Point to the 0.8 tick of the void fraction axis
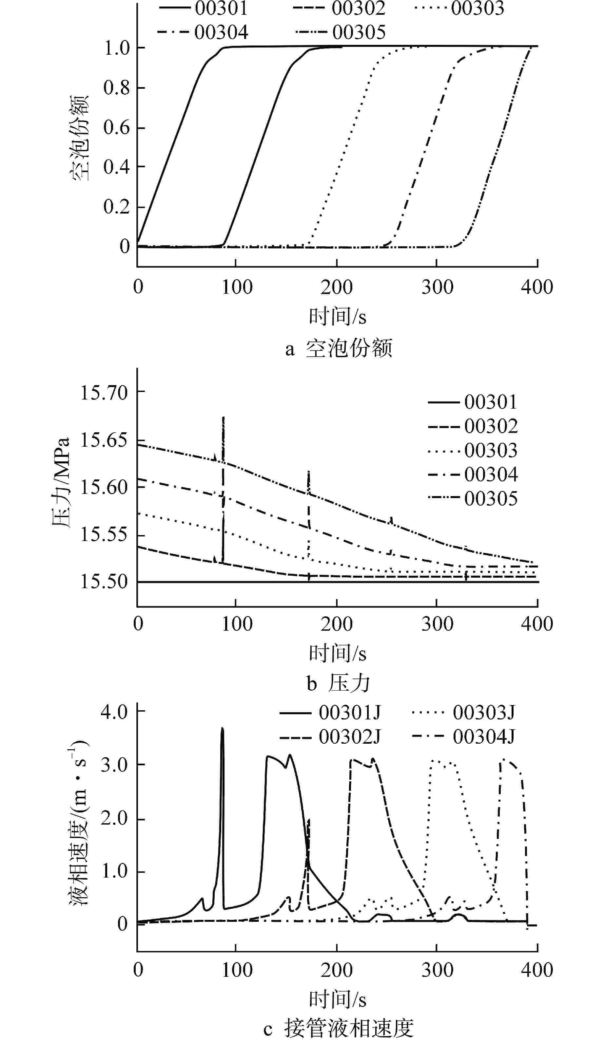[x=117, y=88]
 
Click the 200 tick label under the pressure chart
[x=336, y=624]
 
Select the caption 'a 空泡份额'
[x=338, y=348]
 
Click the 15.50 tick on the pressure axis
[x=104, y=582]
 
